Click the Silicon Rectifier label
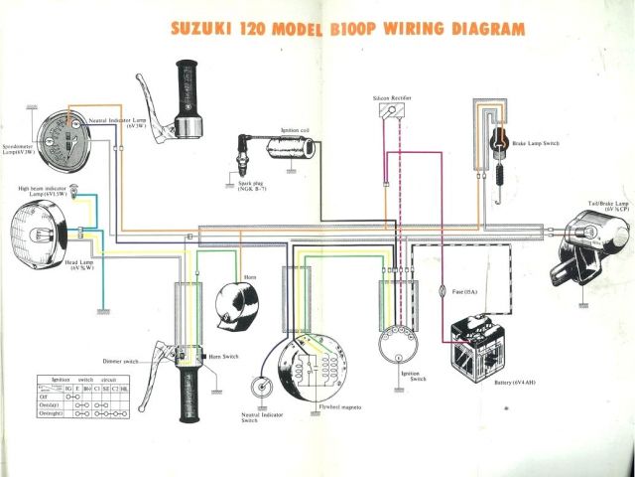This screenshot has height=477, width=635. [x=392, y=98]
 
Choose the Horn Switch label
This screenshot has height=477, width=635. [x=224, y=356]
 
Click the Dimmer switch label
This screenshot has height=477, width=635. [x=119, y=361]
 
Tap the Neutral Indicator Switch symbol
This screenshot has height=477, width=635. [x=260, y=389]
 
